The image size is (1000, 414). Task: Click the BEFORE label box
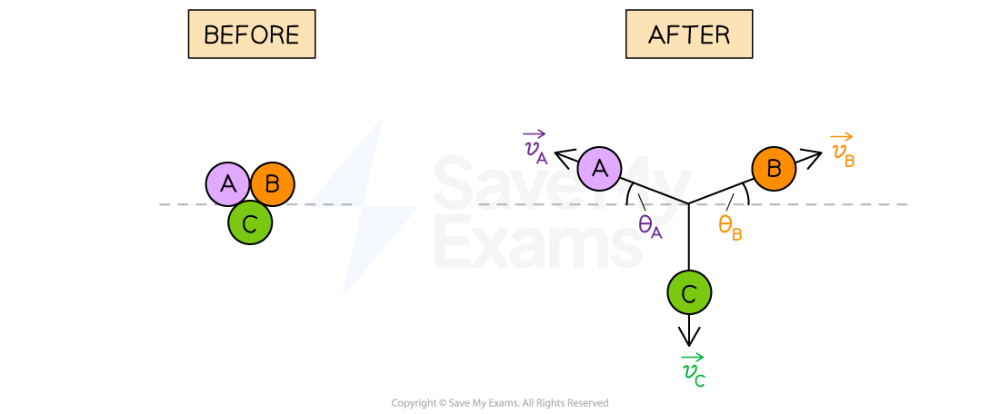coord(251,34)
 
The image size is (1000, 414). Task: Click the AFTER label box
coord(688,34)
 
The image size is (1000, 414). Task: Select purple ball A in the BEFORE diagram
coord(228,184)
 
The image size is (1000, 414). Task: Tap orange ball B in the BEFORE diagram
coord(272,184)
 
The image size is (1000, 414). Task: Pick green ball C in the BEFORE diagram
coord(250,222)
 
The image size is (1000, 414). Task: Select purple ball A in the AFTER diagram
coord(600,169)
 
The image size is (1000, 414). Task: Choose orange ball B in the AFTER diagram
coord(774,169)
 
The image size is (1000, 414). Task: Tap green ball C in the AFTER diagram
coord(689,293)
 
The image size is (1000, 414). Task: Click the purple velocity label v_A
coord(535,148)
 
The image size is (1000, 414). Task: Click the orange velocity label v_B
coord(843,151)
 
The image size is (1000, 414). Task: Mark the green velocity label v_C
coord(693,370)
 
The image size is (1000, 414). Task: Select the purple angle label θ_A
coord(650,227)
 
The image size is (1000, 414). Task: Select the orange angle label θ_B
coord(730,227)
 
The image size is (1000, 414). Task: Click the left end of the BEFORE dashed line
coord(161,204)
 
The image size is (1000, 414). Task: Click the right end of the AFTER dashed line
coord(906,204)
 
